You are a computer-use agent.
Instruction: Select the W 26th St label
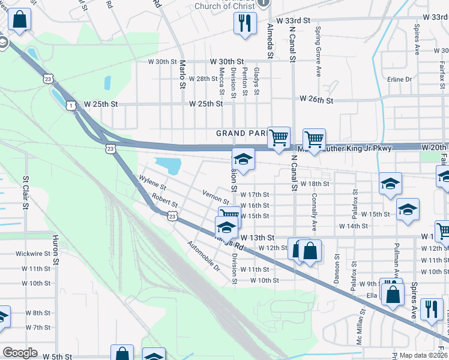[x=316, y=98]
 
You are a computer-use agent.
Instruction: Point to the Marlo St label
[x=182, y=73]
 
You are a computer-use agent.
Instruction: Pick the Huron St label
[x=55, y=250]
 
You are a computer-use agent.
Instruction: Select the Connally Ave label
[x=314, y=212]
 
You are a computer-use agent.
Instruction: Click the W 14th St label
[x=353, y=226]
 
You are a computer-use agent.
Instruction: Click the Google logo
[x=20, y=353]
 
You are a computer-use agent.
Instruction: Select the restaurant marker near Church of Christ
[x=245, y=24]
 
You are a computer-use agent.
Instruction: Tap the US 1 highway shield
[x=71, y=106]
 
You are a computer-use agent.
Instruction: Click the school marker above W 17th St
[x=244, y=158]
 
